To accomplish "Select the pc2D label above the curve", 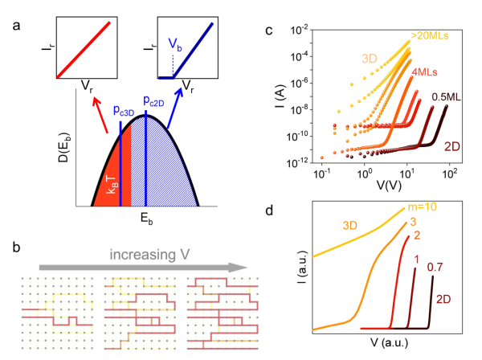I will [157, 101].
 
